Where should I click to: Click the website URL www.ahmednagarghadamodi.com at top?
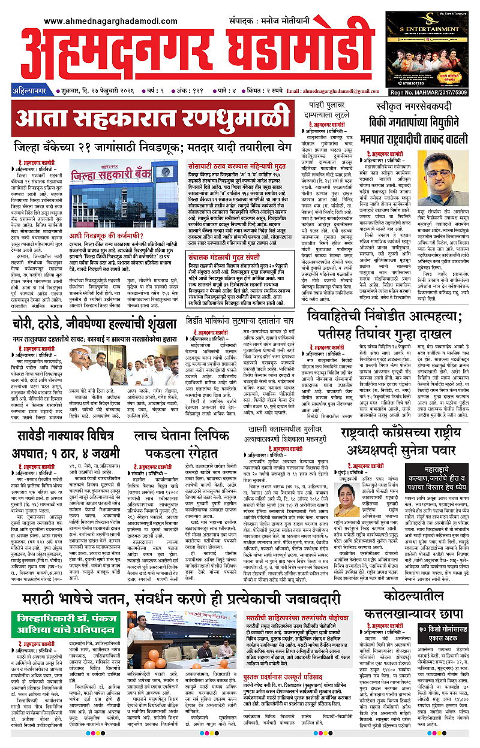(110, 22)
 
